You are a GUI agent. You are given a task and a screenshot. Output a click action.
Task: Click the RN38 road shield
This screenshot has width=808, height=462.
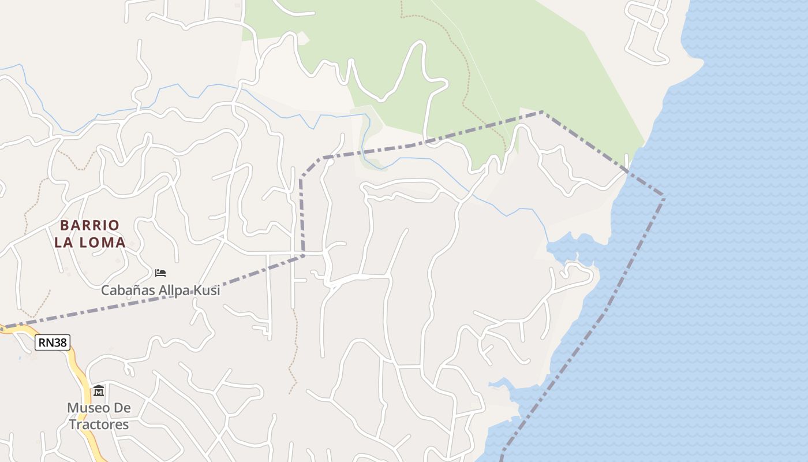click(x=53, y=342)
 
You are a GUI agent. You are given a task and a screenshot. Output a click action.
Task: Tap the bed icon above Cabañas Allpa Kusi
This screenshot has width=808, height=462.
click(x=160, y=273)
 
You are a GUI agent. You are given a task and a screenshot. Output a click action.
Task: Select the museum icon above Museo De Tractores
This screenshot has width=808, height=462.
click(x=99, y=391)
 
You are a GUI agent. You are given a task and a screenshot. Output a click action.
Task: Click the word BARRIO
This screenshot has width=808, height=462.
click(x=90, y=225)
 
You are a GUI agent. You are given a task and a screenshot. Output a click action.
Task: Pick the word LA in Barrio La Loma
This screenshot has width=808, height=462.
click(x=64, y=243)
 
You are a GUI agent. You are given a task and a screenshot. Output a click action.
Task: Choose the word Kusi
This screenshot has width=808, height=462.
click(x=208, y=290)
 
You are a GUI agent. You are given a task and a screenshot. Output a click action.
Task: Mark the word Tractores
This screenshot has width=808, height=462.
click(x=99, y=424)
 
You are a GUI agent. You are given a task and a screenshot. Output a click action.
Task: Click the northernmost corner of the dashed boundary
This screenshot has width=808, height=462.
click(x=543, y=112)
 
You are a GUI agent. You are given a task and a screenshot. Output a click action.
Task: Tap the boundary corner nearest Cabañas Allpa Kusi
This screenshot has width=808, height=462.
click(x=303, y=255)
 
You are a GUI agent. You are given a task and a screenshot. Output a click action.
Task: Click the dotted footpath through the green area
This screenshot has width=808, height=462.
click(x=465, y=69)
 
